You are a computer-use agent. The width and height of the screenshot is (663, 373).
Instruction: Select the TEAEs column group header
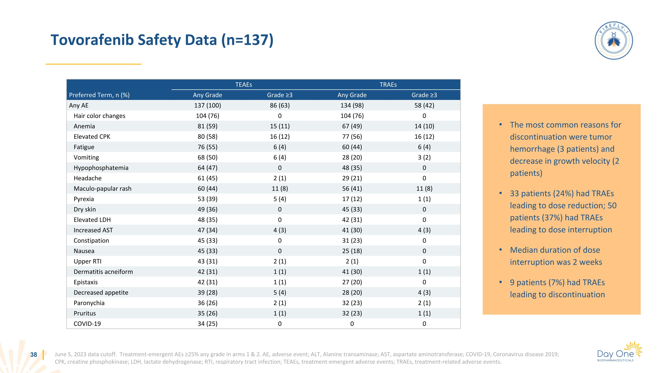click(244, 85)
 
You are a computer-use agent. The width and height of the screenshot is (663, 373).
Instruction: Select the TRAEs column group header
click(388, 85)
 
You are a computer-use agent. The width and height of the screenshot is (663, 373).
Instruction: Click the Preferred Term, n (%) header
click(99, 95)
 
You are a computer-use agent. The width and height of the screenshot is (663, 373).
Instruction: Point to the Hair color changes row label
click(99, 116)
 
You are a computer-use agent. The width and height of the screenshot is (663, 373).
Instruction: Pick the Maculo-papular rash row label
click(103, 189)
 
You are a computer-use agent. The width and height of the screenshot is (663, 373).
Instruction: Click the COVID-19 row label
click(87, 324)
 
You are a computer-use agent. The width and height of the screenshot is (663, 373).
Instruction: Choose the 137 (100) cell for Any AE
click(208, 105)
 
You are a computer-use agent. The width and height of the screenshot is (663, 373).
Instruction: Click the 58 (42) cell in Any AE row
click(424, 105)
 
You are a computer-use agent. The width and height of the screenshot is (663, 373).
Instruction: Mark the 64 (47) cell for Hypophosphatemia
click(208, 168)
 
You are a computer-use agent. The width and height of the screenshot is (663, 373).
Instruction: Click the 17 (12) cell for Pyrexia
click(352, 199)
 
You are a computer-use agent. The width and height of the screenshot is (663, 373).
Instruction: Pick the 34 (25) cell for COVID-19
click(208, 324)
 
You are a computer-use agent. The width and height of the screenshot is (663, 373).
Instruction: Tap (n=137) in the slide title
click(247, 40)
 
